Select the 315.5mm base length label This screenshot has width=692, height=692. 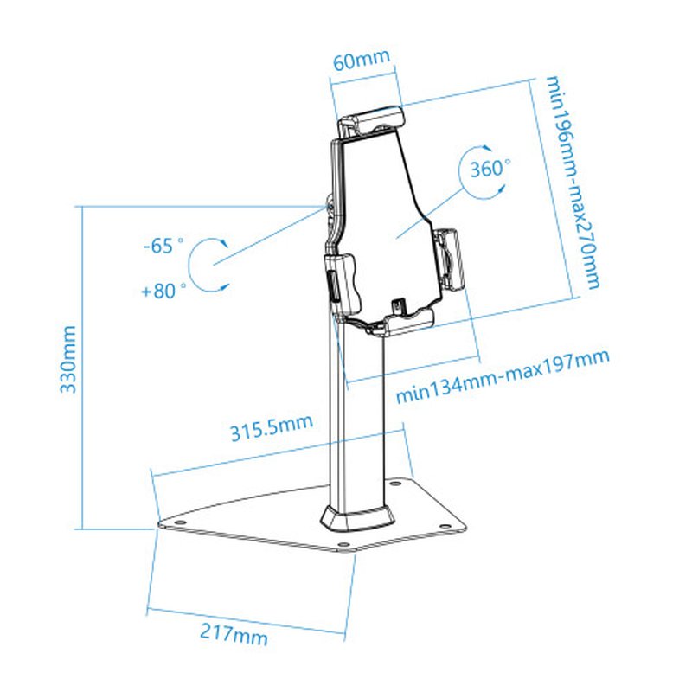[x=270, y=429]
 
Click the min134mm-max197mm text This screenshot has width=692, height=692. [x=502, y=376]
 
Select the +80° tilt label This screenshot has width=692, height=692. [x=163, y=291]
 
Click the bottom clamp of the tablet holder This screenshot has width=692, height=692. [x=398, y=322]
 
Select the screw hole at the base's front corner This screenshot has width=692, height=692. [x=343, y=545]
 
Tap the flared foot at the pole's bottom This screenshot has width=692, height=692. [x=357, y=517]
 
